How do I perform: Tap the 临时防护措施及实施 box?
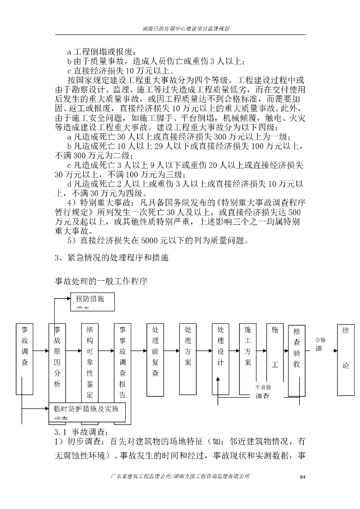coord(87,412)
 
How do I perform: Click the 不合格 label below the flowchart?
coord(263,387)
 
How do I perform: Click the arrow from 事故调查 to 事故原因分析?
coord(41,351)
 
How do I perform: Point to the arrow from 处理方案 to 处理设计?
coord(204,351)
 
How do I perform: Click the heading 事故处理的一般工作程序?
coord(101,281)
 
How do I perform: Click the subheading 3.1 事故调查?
coord(78,431)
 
